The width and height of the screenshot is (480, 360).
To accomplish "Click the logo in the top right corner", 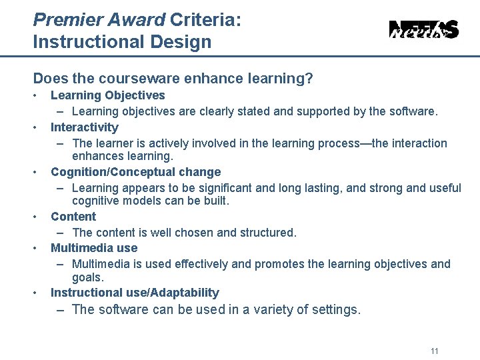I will pos(423,30).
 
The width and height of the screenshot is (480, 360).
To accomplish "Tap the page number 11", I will pos(435,351).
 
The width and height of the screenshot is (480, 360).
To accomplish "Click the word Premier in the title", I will pos(65,20).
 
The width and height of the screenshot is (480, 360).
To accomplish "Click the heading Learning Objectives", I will pos(107,95).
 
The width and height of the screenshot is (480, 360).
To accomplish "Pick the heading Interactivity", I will pos(84,127).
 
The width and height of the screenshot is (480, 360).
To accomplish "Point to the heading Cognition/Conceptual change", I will pos(135,172).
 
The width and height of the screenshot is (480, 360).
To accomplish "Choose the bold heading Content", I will pos(73,217).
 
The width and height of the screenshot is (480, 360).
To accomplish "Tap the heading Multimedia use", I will pos(94,248).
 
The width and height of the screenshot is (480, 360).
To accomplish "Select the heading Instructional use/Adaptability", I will pos(135,293).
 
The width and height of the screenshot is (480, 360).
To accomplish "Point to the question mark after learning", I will pos(309,79).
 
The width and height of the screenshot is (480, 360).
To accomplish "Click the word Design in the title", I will pos(184,42).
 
